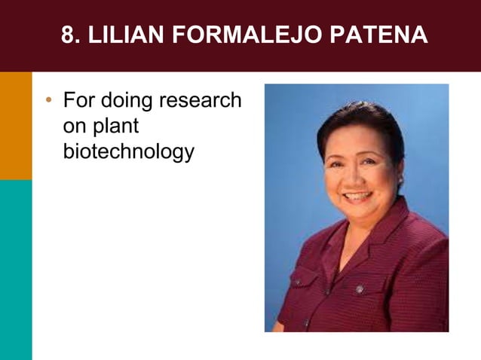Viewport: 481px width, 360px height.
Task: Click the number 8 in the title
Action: tap(67, 35)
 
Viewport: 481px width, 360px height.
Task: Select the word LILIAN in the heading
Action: tap(124, 35)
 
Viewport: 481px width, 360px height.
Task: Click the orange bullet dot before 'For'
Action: tap(49, 100)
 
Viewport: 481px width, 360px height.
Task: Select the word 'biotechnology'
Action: tap(128, 151)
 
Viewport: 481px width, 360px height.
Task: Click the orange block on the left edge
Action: tap(16, 125)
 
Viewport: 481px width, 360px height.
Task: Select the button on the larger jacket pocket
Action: tap(360, 289)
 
